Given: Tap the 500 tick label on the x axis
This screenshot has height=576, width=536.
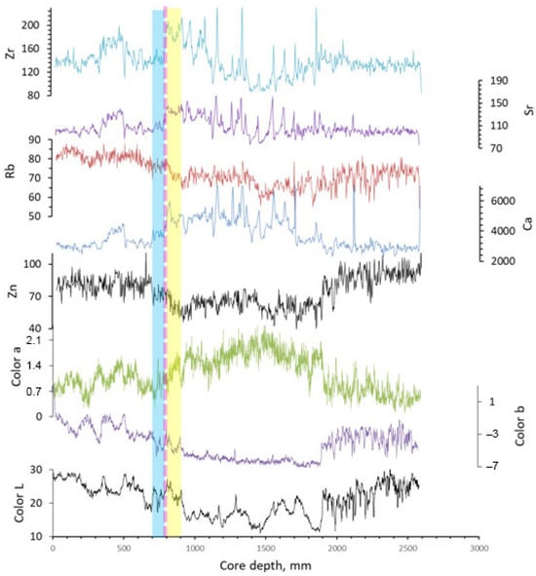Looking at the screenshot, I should [123, 549].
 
